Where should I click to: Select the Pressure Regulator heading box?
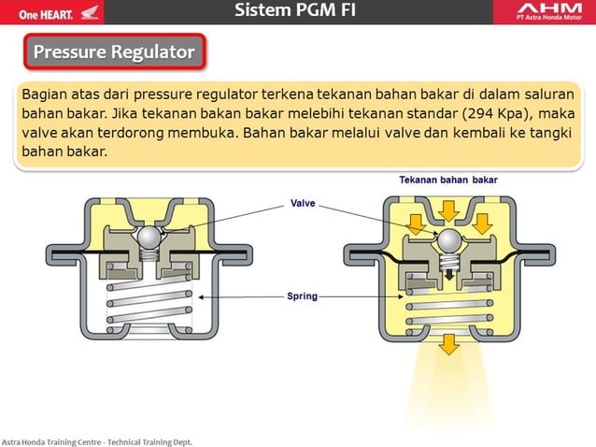pos(114,52)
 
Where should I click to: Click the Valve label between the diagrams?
pos(303,203)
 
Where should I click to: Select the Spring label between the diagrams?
pos(302,296)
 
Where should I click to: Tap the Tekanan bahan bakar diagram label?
pos(448,180)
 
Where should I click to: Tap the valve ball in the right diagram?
pos(449,244)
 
